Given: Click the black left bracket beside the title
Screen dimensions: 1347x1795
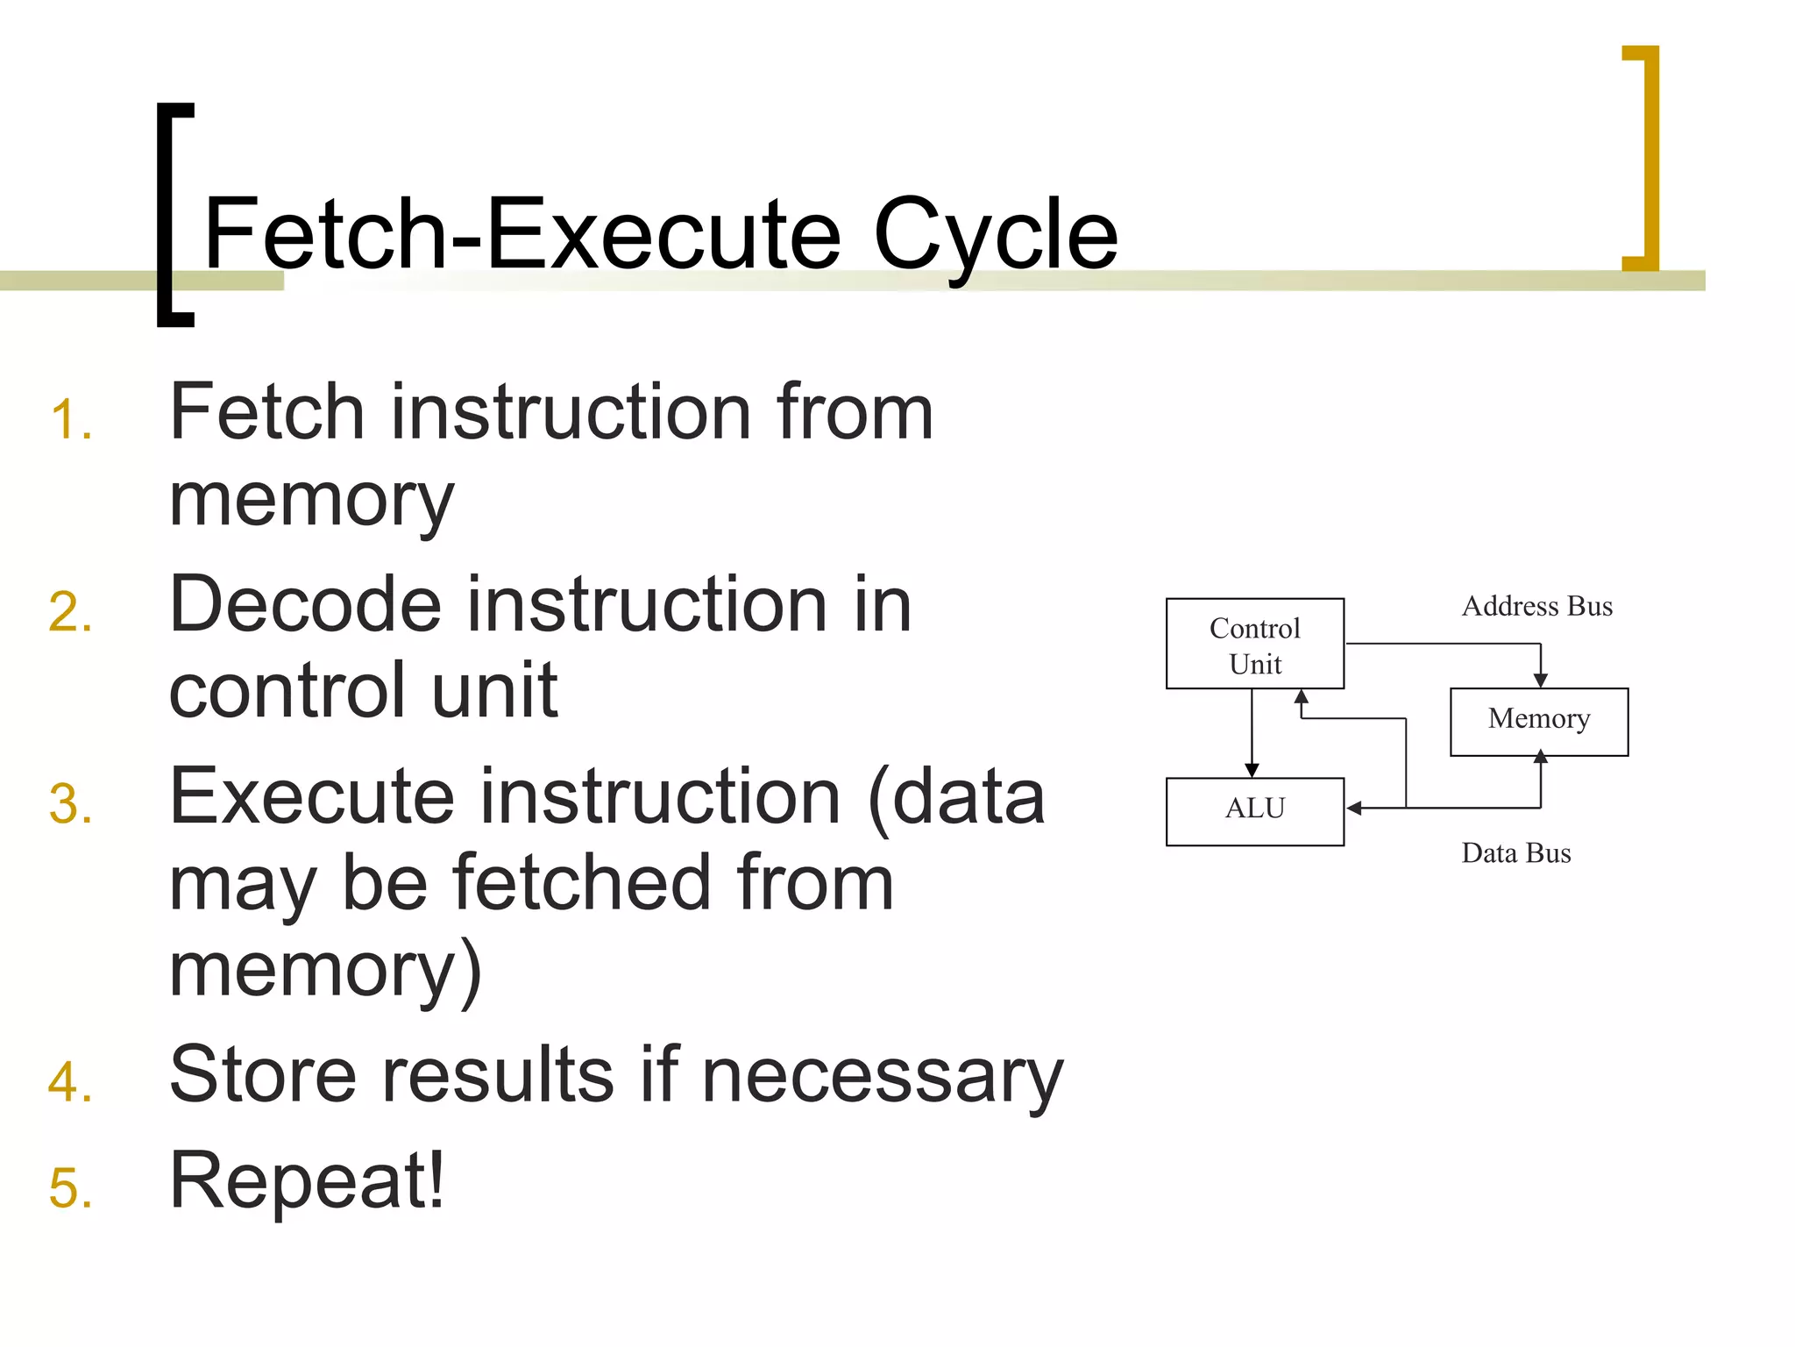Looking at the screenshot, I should (x=173, y=215).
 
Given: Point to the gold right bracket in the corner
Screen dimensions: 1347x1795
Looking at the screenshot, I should (x=1643, y=158).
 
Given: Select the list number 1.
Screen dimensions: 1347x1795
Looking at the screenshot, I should (x=70, y=419).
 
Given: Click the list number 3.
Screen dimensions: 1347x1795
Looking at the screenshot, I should (x=70, y=804).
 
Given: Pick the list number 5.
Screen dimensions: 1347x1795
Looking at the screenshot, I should (x=70, y=1188).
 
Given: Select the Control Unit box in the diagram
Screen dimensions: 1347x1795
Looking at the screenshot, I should (x=1254, y=645).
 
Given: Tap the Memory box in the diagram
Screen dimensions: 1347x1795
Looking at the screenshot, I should (x=1538, y=722).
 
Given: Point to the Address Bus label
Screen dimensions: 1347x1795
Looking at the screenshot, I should (x=1536, y=606).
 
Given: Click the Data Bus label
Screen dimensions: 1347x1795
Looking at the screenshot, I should (x=1515, y=853).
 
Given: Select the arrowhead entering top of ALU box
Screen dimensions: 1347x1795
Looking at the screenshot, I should (x=1252, y=769).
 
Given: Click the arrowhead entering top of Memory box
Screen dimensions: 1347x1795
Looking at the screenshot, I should (x=1540, y=680).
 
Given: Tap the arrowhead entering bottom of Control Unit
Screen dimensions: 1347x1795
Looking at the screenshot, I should (x=1302, y=698).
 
